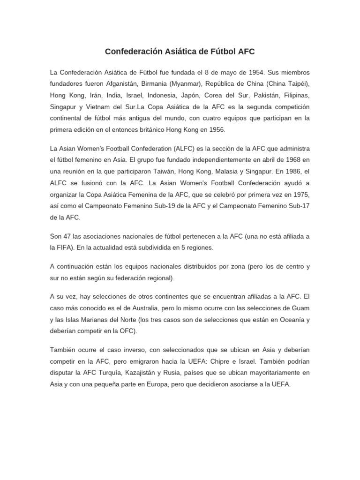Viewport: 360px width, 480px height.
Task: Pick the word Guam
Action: click(300, 308)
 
